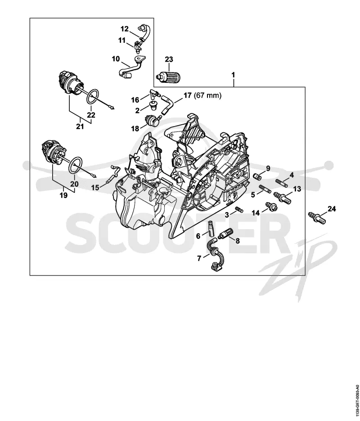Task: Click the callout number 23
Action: [169, 59]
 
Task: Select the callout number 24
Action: [332, 208]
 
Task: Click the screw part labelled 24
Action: [318, 217]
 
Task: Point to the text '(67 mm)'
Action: [207, 95]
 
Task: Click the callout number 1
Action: [233, 75]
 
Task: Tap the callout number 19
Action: [63, 195]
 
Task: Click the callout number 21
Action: [80, 126]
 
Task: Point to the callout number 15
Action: [95, 187]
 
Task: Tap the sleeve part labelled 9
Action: [257, 177]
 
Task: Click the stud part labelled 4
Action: [282, 183]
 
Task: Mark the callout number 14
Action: [256, 213]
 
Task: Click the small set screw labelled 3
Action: [239, 209]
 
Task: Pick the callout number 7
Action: [199, 258]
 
